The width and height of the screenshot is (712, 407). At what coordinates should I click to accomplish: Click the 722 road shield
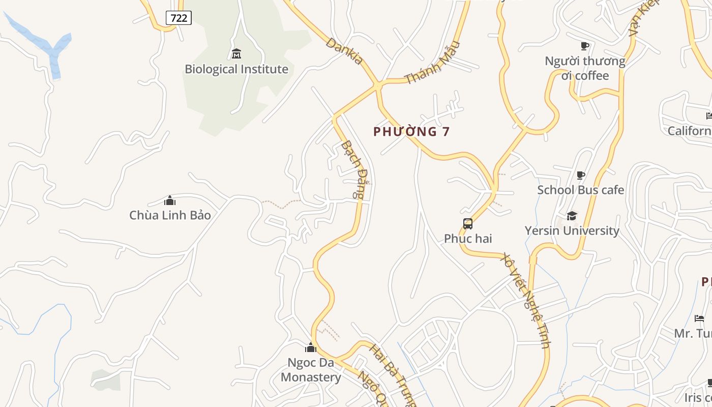179,18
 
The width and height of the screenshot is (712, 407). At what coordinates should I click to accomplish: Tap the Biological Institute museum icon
236,53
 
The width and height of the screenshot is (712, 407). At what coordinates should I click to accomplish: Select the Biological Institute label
236,69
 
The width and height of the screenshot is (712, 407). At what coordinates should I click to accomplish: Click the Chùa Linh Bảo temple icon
170,200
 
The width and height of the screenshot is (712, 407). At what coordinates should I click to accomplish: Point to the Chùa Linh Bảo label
170,215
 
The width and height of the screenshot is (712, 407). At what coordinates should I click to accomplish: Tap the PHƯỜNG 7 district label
411,132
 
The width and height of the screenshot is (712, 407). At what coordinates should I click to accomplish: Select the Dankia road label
345,51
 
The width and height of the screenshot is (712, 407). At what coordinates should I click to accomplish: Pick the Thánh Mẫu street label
432,63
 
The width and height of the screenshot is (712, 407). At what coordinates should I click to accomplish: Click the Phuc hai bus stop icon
468,224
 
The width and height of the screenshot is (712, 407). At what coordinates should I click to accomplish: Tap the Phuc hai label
468,239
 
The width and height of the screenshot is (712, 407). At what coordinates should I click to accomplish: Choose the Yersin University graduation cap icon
572,216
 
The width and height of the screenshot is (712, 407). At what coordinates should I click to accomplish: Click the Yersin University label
572,230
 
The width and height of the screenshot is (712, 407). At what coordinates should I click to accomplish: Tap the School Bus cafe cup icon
580,176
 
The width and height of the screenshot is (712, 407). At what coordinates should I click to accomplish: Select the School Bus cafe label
580,190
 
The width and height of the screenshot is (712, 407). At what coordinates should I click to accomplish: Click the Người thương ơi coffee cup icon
585,46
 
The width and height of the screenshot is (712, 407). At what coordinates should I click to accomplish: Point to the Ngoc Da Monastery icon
311,348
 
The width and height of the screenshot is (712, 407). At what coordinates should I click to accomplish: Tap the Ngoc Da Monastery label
311,370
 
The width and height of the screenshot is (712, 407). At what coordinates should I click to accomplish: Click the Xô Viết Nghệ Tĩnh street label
526,300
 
